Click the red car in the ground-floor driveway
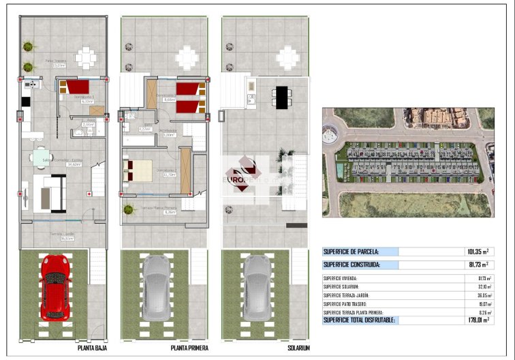coord(54,287)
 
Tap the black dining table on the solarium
coord(281,97)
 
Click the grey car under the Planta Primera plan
coord(156,287)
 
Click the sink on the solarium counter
coord(250,87)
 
